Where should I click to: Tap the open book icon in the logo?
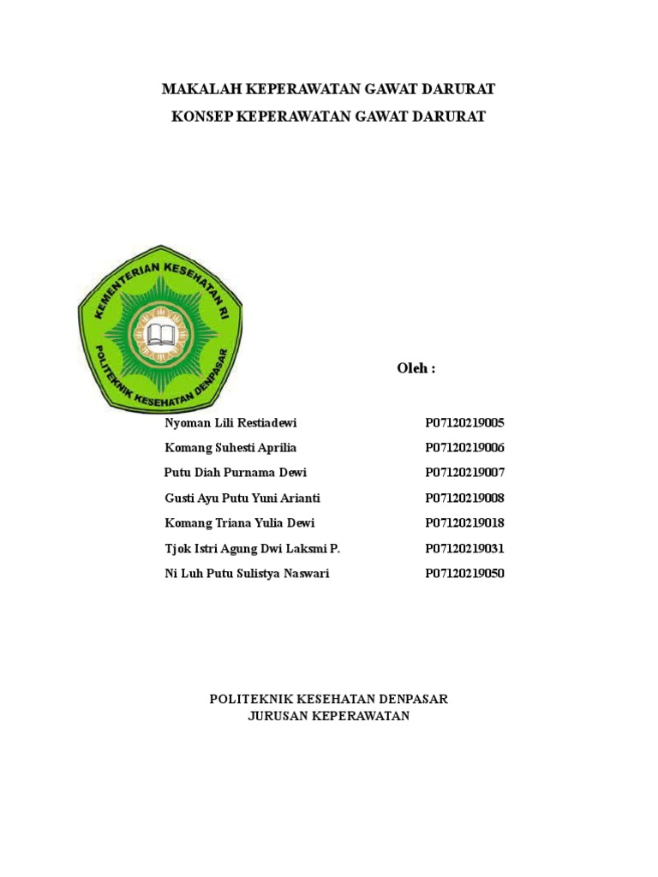(x=160, y=333)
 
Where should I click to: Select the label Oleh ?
(x=416, y=368)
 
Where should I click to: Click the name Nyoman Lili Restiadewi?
(x=230, y=423)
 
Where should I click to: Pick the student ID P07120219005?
(x=464, y=423)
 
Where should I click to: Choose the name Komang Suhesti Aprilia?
(x=230, y=448)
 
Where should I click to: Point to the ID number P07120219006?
(x=464, y=448)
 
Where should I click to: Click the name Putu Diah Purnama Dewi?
(x=235, y=473)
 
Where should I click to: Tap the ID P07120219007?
(x=464, y=473)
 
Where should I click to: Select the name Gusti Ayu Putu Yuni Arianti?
(x=242, y=498)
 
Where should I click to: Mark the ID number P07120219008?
(x=464, y=498)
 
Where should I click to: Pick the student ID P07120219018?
(x=464, y=523)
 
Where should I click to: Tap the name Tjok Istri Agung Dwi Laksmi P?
(x=252, y=549)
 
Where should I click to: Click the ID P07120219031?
(x=464, y=549)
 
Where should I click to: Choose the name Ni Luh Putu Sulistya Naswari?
(x=246, y=574)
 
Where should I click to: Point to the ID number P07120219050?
(x=464, y=574)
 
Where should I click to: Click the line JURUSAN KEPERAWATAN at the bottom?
(x=329, y=716)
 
